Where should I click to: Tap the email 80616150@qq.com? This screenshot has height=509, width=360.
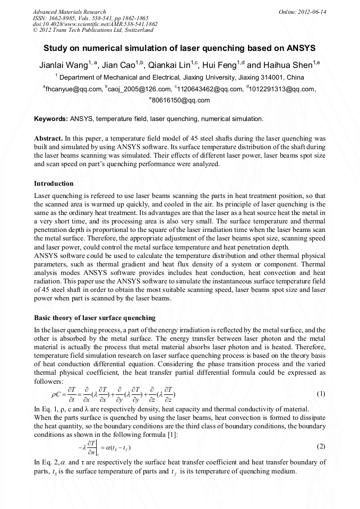pyautogui.click(x=181, y=100)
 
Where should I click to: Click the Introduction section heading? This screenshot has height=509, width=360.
pyautogui.click(x=54, y=184)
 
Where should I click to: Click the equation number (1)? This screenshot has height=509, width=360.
pyautogui.click(x=321, y=394)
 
